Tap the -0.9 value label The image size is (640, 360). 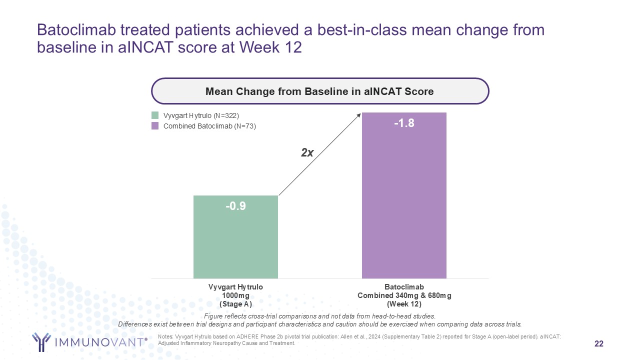(235, 206)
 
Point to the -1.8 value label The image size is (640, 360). (404, 123)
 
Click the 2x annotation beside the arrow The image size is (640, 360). (307, 153)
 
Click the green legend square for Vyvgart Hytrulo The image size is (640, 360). (155, 115)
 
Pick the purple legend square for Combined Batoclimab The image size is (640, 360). (155, 126)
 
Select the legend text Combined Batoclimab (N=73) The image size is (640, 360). (209, 126)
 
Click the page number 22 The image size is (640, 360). (598, 343)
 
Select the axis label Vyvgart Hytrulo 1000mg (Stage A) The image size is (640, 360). (235, 295)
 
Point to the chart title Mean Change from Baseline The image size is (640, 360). (320, 91)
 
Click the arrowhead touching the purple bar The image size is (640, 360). (359, 115)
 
